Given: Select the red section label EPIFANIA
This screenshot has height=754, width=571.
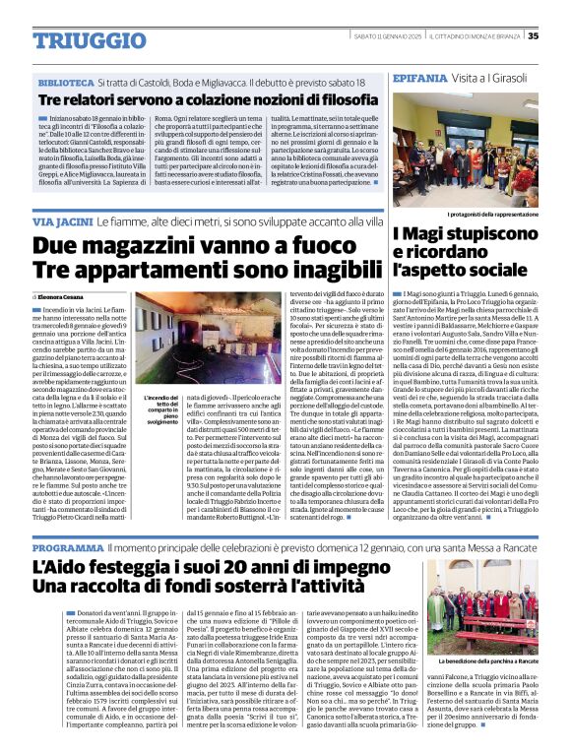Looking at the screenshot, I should point(420,77).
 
